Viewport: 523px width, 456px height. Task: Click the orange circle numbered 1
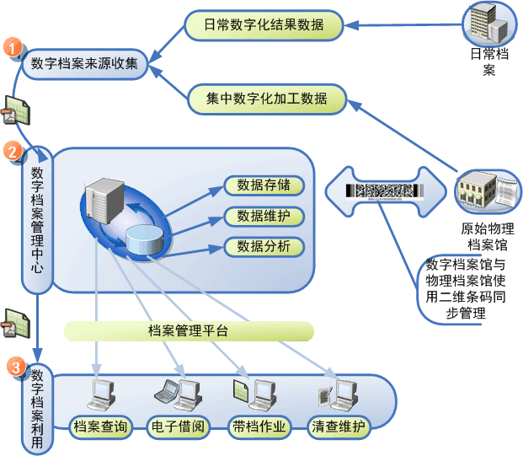[x=13, y=48]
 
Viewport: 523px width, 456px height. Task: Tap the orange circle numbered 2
[x=13, y=152]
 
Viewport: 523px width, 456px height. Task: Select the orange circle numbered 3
[x=14, y=367]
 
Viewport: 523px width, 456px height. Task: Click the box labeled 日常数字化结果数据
[x=264, y=24]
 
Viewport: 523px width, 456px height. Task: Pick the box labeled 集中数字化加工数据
[x=267, y=99]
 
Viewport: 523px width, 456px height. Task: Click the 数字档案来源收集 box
[x=84, y=63]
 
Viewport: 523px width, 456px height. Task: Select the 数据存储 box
[x=263, y=185]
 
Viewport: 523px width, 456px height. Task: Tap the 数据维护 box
[x=263, y=217]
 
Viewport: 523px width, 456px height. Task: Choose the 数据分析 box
[x=263, y=247]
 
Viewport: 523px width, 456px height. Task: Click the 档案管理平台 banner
[x=187, y=330]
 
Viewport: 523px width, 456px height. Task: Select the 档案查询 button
[x=100, y=427]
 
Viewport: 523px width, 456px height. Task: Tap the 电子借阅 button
[x=177, y=427]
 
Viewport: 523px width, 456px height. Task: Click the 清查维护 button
[x=339, y=427]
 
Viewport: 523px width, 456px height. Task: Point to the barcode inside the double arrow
[x=384, y=191]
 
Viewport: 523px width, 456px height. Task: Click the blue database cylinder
[x=145, y=238]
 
